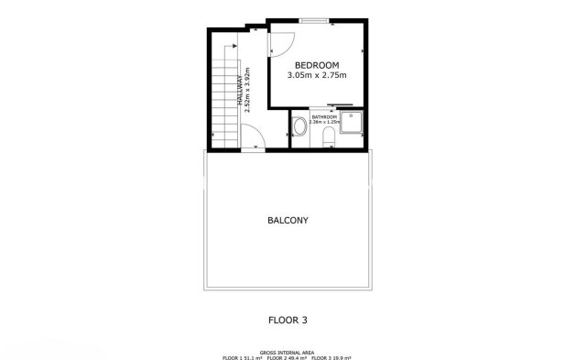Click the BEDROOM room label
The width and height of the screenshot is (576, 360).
(317, 65)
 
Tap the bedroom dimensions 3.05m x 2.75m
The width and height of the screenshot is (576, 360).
(317, 75)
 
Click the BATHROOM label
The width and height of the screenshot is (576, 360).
(324, 117)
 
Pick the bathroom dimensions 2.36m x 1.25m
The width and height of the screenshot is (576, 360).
(324, 123)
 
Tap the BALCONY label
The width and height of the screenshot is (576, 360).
(287, 221)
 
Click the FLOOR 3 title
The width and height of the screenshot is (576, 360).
(287, 321)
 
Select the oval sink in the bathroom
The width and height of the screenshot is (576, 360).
(299, 127)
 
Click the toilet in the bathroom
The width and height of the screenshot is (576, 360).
(328, 137)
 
